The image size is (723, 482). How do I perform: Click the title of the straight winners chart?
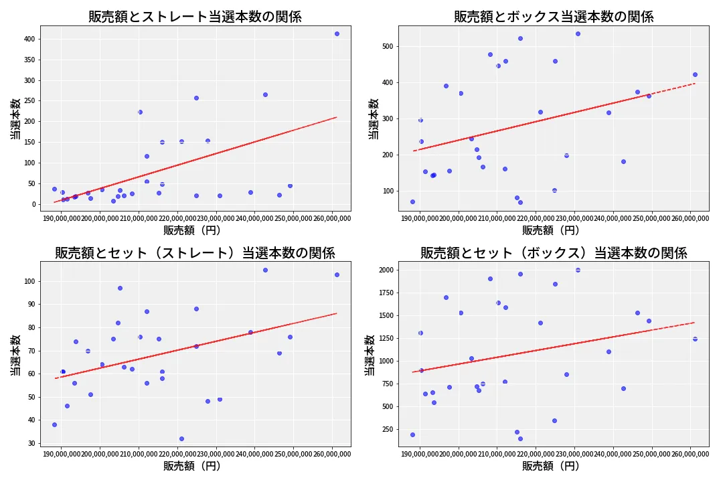click(195, 17)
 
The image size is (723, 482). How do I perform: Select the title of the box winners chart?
click(554, 17)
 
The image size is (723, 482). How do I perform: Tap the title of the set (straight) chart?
click(195, 253)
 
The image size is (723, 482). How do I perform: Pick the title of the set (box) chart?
click(554, 253)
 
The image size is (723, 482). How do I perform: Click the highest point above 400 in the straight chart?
click(337, 33)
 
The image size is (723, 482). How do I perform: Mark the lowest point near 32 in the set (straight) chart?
click(181, 438)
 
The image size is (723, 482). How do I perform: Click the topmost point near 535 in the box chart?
click(578, 33)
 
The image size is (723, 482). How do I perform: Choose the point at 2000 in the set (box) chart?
click(578, 270)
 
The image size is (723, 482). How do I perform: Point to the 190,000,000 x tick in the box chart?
click(420, 218)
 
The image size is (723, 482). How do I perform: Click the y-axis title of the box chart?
click(373, 118)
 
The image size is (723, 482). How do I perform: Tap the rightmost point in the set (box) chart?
click(695, 339)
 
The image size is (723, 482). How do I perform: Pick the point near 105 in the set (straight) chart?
click(265, 270)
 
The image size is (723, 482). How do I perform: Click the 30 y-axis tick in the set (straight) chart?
click(30, 443)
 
